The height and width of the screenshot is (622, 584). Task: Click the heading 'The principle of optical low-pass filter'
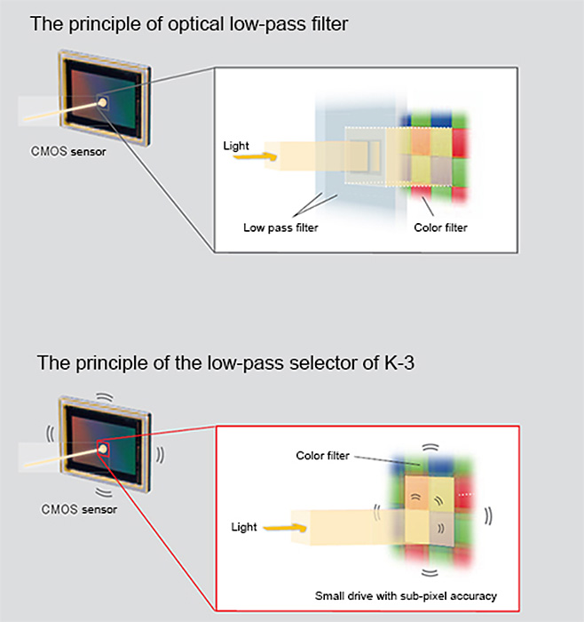[189, 24]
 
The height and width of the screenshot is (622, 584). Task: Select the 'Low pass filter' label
[280, 227]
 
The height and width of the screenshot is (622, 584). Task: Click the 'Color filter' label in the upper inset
[440, 227]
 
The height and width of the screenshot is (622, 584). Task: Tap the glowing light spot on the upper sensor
[103, 104]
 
